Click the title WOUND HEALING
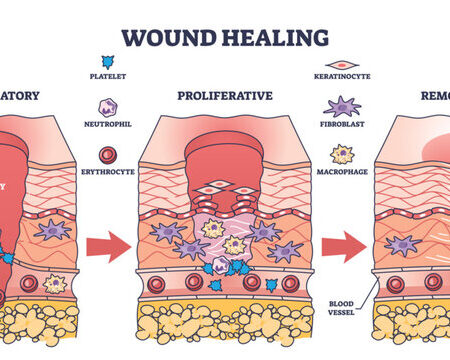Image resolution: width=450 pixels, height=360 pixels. pos(225,37)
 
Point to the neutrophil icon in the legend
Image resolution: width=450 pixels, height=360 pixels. pos(108,108)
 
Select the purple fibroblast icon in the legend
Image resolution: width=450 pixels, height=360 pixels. pos(343,107)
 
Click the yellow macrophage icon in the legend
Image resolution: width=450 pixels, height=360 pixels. pos(343,153)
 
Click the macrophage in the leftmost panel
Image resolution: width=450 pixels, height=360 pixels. pos(54,284)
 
